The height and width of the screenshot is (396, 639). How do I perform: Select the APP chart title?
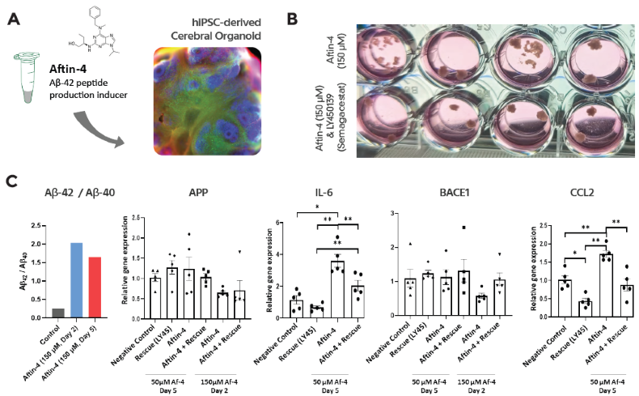pos(198,193)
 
